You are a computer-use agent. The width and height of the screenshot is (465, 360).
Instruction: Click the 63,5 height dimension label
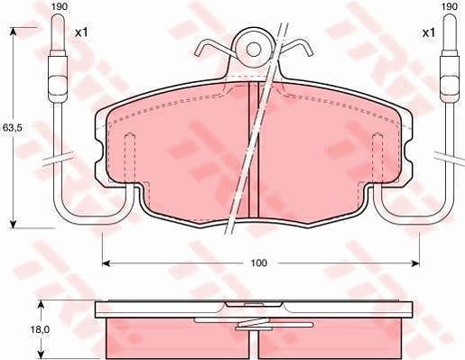(x=12, y=128)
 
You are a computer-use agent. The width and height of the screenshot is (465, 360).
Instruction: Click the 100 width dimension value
(x=259, y=263)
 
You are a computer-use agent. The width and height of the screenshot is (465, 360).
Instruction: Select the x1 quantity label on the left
(x=81, y=32)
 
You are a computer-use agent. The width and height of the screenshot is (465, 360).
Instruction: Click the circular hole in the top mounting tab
(x=254, y=48)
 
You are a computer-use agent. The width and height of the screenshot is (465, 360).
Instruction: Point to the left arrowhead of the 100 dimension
(x=105, y=263)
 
